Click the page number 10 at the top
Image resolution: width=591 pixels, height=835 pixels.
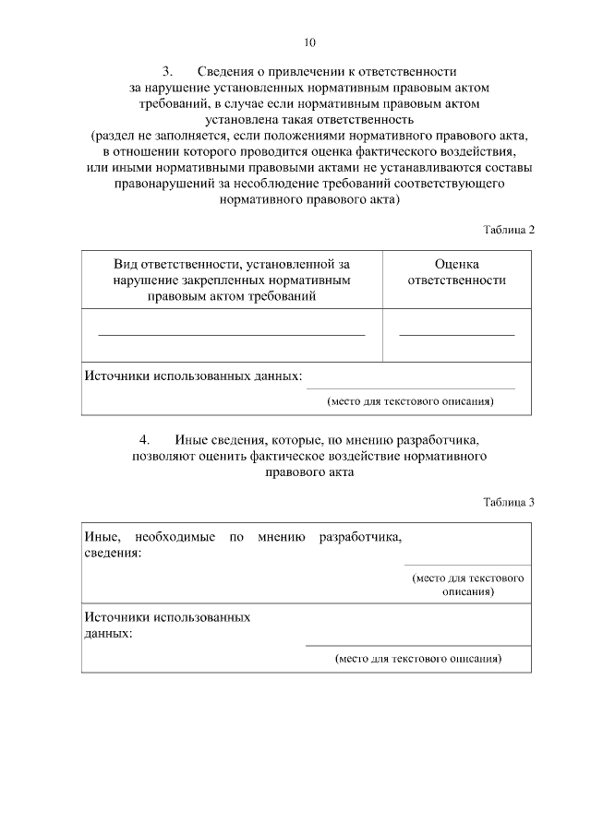(309, 42)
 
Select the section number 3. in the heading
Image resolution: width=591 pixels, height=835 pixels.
(168, 71)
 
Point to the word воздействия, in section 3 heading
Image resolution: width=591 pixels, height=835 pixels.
(477, 151)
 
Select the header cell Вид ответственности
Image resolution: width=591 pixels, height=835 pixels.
(232, 280)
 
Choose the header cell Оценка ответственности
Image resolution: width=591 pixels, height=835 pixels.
(456, 272)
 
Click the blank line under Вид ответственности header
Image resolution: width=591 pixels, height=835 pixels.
(232, 333)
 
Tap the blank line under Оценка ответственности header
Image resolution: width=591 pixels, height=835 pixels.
(456, 333)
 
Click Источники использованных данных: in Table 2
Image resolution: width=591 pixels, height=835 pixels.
(194, 377)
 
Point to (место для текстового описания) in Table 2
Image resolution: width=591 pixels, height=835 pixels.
(411, 401)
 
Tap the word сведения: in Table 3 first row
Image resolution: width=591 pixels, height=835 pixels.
(113, 553)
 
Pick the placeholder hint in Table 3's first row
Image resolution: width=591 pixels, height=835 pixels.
(467, 585)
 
